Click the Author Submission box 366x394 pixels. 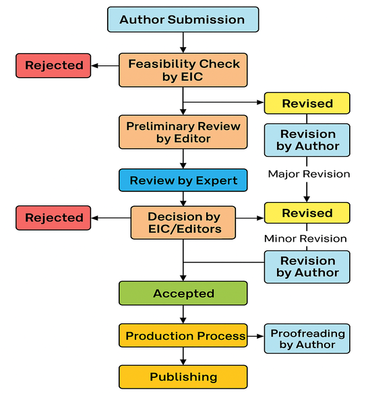click(182, 19)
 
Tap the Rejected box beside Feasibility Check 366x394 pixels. click(54, 65)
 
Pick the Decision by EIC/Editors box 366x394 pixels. click(183, 223)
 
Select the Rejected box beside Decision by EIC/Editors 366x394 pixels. click(54, 218)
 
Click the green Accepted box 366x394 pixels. click(183, 294)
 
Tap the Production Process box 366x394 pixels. click(183, 335)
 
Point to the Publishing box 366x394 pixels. click(183, 376)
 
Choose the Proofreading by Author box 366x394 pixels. click(307, 338)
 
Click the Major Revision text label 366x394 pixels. click(309, 174)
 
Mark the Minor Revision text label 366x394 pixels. click(305, 238)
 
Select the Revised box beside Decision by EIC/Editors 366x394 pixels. click(307, 214)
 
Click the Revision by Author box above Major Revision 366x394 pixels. click(307, 140)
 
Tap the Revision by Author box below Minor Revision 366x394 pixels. click(307, 266)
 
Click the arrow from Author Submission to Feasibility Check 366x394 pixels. click(183, 42)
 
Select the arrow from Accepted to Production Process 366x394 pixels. click(183, 315)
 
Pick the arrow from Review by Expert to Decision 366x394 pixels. click(183, 199)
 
